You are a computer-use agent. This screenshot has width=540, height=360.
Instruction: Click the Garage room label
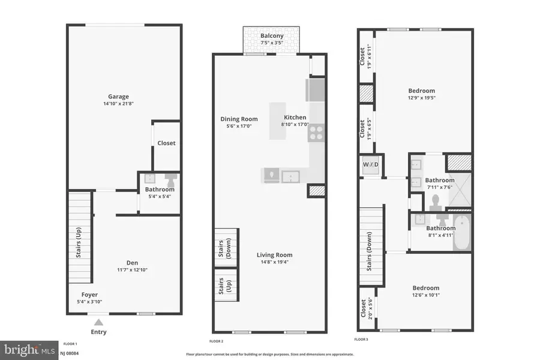point(118,97)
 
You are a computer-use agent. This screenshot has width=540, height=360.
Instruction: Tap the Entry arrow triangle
point(98,323)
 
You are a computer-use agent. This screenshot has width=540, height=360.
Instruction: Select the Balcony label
point(272,36)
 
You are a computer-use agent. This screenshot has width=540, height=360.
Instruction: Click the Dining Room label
point(239,119)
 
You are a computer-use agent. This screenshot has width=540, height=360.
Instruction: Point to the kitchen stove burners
point(316,132)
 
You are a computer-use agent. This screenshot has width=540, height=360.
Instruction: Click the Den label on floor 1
point(133,262)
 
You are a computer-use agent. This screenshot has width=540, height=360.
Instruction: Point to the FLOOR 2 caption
point(216,341)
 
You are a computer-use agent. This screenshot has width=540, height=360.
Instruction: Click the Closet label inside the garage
point(166,143)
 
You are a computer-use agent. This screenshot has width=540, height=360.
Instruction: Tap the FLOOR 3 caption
point(361,340)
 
